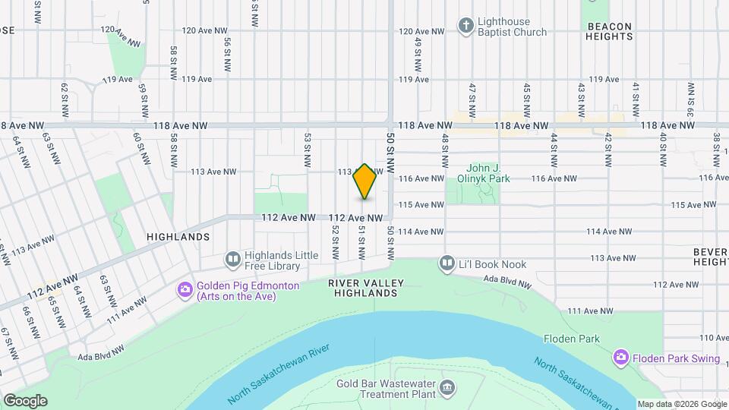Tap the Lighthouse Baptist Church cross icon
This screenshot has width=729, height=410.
coord(465,26)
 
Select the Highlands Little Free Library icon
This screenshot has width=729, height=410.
coord(232,260)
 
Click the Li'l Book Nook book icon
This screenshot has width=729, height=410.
coord(447,264)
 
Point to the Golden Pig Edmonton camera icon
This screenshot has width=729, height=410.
coord(185,290)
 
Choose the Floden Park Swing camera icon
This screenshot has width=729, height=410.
coord(621,357)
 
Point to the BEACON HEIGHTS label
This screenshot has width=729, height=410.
coord(609,31)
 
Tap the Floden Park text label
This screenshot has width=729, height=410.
coord(572,339)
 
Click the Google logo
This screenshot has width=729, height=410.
coord(24,401)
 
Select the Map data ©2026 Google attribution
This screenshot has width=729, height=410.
coord(681,404)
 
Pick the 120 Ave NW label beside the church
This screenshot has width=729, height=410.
coord(421,32)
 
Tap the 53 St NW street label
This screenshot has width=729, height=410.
coord(308,150)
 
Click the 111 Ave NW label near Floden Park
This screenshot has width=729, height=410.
coord(590,311)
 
